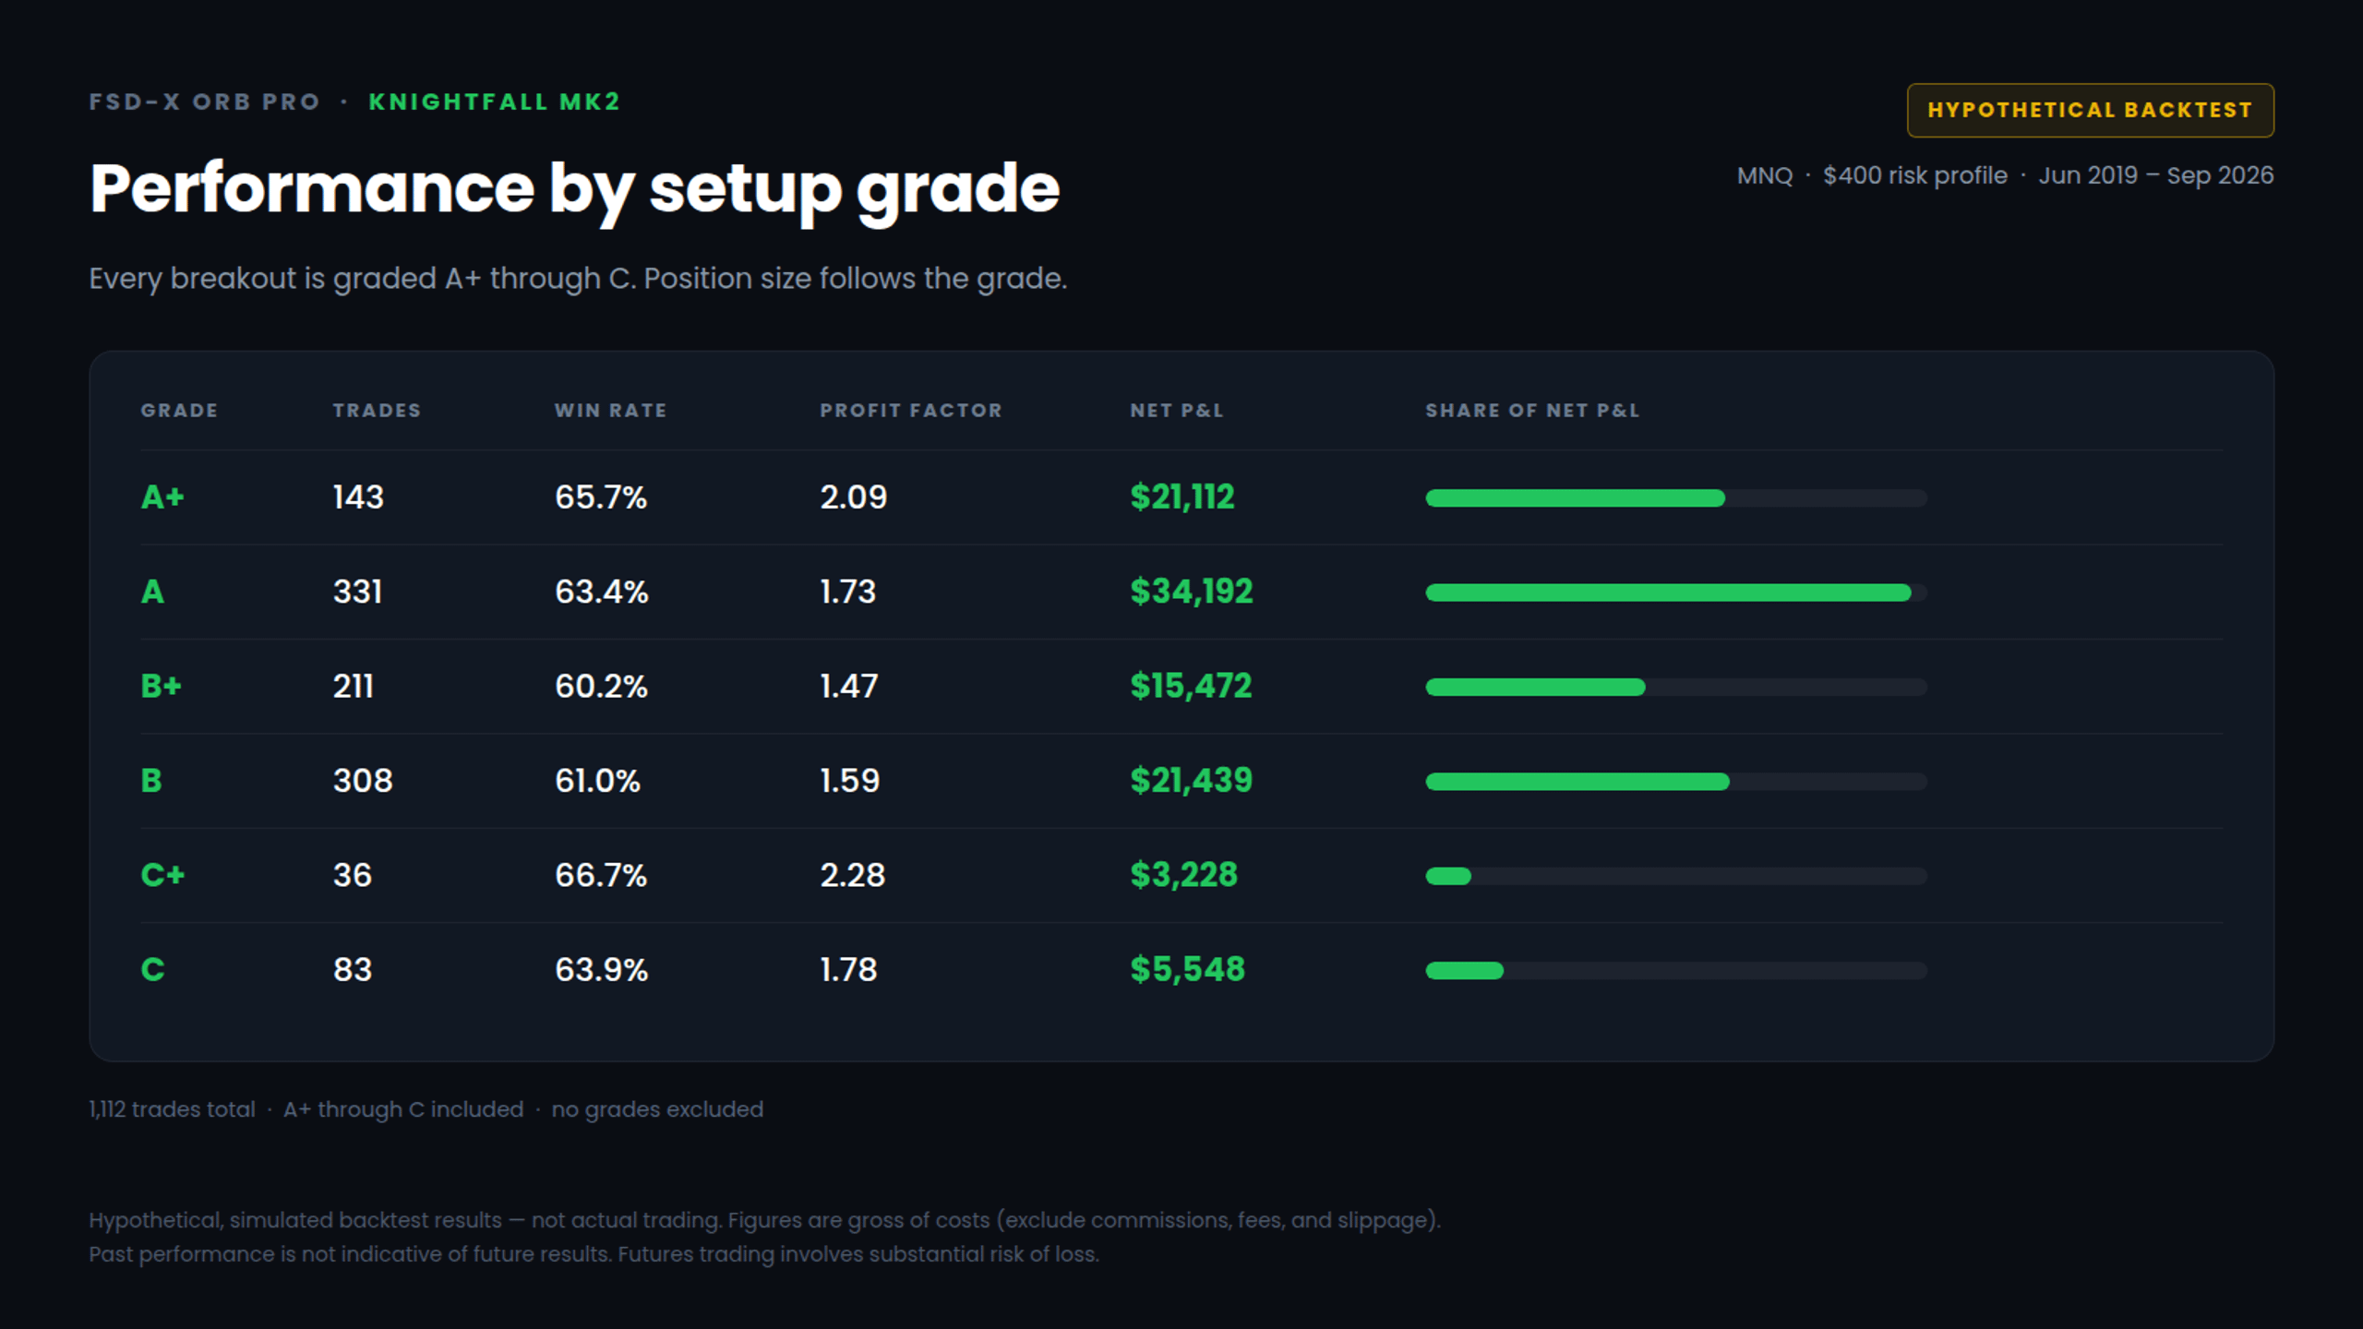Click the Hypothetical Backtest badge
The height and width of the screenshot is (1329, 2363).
[2090, 110]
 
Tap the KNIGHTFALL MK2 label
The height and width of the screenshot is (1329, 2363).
[494, 102]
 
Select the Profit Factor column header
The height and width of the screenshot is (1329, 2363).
[910, 411]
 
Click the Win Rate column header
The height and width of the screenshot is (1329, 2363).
[610, 411]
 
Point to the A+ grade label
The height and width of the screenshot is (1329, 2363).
[162, 497]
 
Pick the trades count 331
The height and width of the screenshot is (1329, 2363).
[357, 592]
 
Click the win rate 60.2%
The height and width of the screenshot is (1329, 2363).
[601, 687]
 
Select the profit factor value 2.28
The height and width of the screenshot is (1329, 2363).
[852, 875]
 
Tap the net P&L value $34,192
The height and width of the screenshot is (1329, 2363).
[1191, 592]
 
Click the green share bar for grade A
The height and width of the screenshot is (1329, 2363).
[1668, 593]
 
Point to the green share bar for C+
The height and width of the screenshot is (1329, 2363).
[1448, 876]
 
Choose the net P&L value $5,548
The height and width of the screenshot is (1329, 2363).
[1187, 970]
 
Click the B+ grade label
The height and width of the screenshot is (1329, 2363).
[162, 687]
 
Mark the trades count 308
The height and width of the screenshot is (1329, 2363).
[363, 781]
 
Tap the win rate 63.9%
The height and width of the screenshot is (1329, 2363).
[601, 970]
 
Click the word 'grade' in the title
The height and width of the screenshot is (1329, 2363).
[957, 191]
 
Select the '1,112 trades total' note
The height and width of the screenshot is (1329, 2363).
[172, 1109]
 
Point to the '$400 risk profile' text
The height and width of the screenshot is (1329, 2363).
[1914, 175]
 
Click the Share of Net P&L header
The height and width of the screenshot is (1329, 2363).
[1532, 411]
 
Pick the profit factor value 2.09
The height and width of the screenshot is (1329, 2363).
[853, 497]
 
